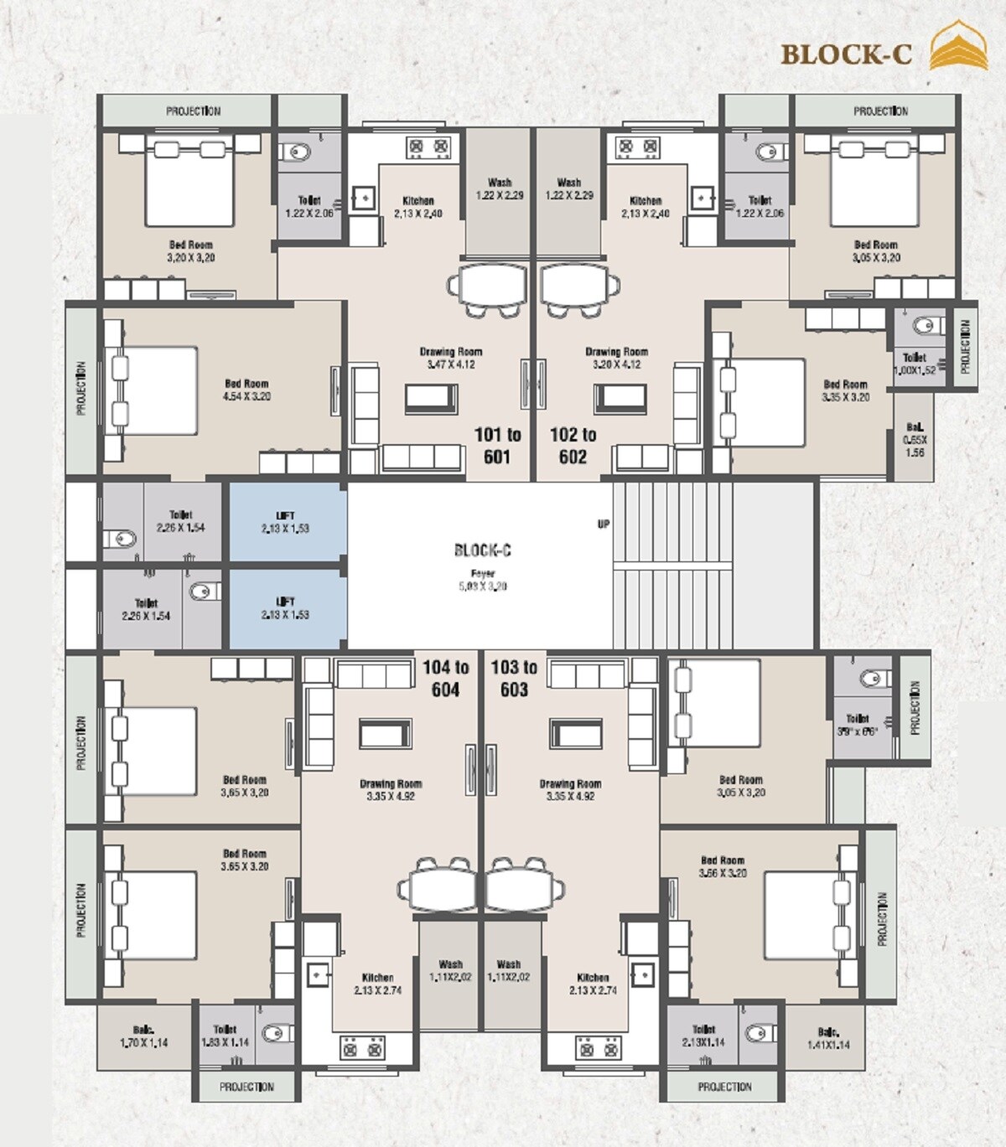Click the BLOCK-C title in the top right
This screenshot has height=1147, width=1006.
click(x=845, y=54)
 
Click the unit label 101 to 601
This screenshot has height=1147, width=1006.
click(x=497, y=446)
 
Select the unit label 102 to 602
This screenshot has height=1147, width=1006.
click(x=573, y=446)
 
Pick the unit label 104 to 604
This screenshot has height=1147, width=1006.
click(x=445, y=678)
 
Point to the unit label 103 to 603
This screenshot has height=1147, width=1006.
click(x=514, y=678)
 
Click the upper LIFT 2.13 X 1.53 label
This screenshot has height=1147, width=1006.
click(x=285, y=522)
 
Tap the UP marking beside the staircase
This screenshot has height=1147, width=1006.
click(x=603, y=524)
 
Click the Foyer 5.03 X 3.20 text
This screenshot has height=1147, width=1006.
click(x=483, y=580)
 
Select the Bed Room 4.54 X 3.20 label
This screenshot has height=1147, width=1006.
click(x=246, y=390)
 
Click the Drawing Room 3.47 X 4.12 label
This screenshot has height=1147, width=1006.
click(x=451, y=358)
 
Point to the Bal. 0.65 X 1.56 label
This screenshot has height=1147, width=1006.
click(x=915, y=440)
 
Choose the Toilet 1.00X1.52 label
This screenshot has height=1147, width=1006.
click(x=915, y=364)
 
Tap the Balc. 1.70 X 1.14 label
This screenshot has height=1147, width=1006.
click(x=143, y=1036)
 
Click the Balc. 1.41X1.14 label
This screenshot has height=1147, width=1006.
click(x=828, y=1038)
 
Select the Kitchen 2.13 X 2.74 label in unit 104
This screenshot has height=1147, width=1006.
click(x=378, y=984)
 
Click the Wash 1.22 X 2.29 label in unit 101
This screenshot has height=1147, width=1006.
click(x=500, y=189)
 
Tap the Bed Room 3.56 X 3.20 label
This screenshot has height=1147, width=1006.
click(x=723, y=866)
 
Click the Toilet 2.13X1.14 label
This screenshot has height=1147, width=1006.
click(x=703, y=1036)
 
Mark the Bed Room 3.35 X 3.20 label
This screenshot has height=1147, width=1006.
click(x=845, y=390)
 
